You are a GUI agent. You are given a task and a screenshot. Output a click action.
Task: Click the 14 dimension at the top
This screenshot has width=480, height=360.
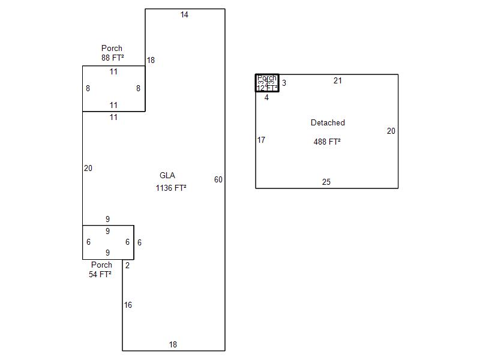point(184,15)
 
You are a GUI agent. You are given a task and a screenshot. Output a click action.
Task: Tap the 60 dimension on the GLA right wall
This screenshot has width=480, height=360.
point(218,180)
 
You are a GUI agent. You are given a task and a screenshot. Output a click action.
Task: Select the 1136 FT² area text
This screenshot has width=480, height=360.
point(171,188)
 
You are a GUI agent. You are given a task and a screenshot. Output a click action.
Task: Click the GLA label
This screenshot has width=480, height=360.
point(167,176)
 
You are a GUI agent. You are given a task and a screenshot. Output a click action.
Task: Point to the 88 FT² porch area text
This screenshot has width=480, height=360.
point(113,58)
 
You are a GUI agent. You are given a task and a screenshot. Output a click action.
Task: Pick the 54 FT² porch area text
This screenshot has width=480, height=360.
point(100,275)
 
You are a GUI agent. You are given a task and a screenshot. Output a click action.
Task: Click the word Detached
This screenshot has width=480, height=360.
point(328,123)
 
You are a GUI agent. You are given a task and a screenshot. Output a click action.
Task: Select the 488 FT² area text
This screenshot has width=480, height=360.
point(327,142)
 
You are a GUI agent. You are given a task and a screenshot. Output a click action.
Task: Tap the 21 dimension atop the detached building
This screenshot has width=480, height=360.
point(338,81)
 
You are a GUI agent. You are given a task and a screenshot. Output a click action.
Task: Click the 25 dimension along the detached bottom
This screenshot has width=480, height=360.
point(326,182)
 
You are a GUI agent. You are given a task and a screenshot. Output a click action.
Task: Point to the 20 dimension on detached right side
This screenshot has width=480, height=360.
point(391,131)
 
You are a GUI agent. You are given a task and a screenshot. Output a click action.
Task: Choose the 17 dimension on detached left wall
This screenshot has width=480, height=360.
point(261,140)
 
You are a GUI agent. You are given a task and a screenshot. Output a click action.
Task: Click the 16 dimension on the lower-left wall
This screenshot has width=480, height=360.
point(128,305)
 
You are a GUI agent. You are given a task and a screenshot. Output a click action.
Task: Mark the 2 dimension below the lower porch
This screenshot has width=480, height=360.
point(127,266)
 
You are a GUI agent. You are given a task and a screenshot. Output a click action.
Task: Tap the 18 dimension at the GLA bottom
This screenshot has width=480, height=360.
point(173,345)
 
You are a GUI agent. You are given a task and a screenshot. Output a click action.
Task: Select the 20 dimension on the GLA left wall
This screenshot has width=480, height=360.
point(88,169)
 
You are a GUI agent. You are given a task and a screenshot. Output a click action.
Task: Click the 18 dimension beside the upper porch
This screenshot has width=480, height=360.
point(151,61)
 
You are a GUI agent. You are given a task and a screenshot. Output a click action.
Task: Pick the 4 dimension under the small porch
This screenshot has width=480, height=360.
point(266,98)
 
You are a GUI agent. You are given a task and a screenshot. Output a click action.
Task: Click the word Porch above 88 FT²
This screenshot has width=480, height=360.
point(112,49)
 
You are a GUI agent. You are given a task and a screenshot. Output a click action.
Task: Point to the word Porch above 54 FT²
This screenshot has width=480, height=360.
point(101,265)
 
